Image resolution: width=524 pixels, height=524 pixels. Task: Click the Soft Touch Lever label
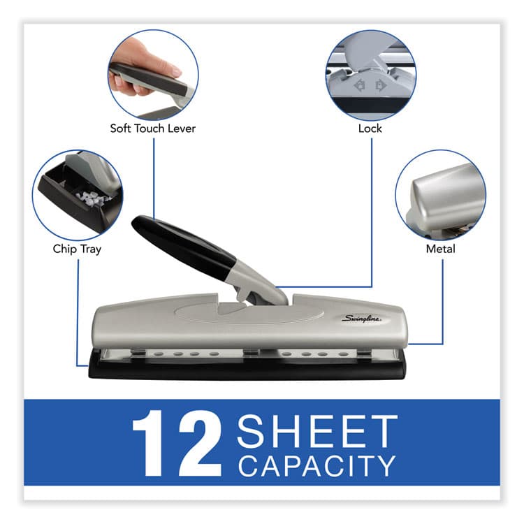coord(152,129)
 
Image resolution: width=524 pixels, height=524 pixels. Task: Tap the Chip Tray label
coord(77,249)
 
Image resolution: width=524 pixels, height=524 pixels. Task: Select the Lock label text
coord(370,129)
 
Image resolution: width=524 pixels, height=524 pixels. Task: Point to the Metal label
coord(440,249)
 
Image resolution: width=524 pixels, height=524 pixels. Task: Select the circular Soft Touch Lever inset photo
coord(152,73)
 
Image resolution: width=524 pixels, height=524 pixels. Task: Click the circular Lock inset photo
coord(370,73)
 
